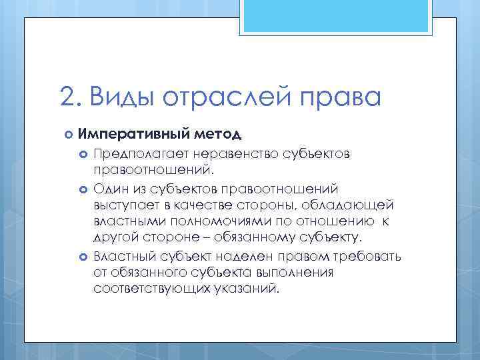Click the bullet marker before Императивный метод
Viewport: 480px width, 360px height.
[68, 134]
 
